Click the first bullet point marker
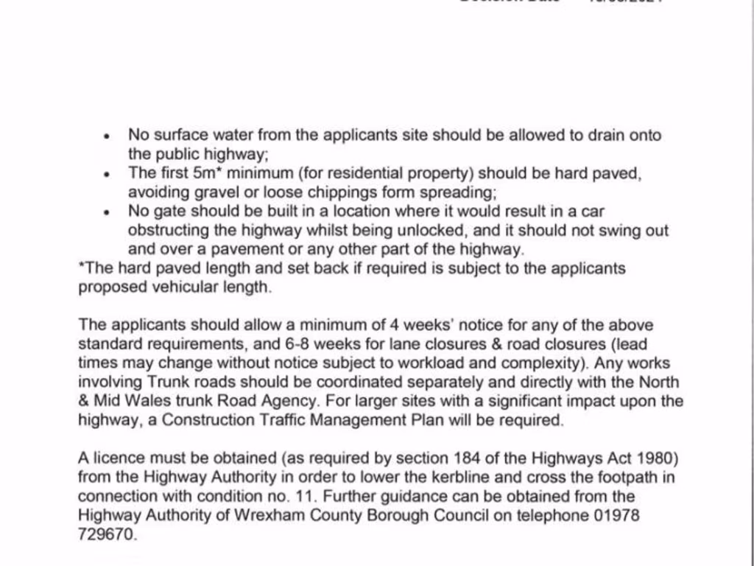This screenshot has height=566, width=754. click(x=108, y=137)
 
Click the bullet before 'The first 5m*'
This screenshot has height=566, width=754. click(x=108, y=175)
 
